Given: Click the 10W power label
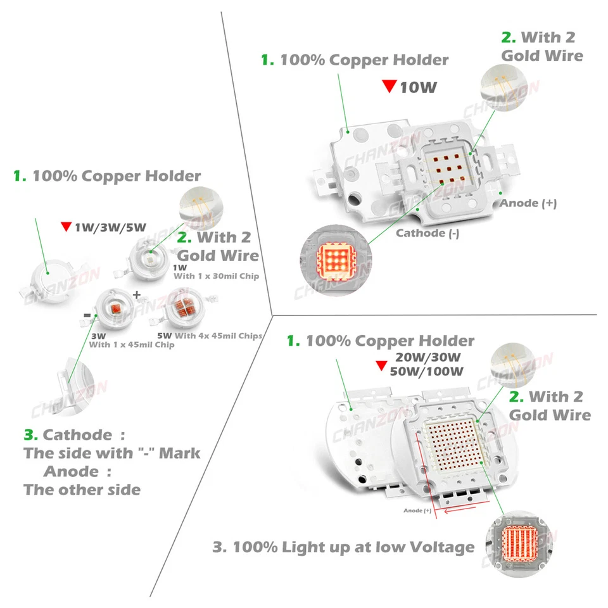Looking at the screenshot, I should (418, 87).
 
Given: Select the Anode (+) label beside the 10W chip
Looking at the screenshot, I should (528, 203).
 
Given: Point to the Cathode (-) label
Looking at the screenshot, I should (427, 233).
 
